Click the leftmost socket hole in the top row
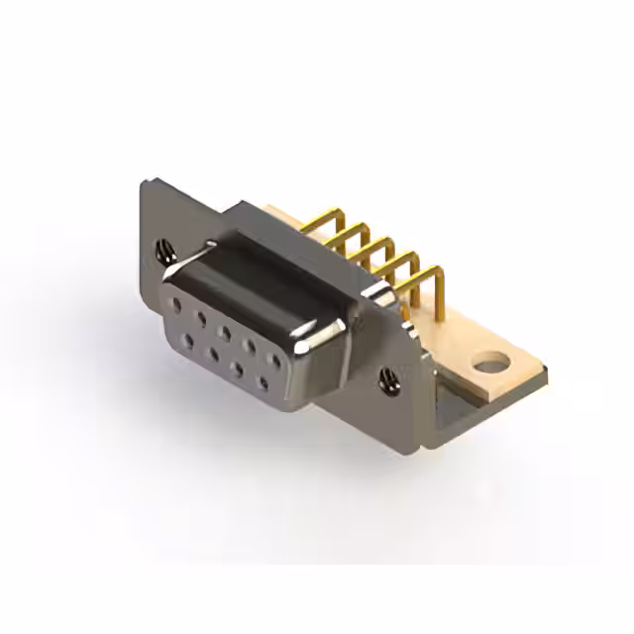pyautogui.click(x=176, y=303)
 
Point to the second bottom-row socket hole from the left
pyautogui.click(x=213, y=353)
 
